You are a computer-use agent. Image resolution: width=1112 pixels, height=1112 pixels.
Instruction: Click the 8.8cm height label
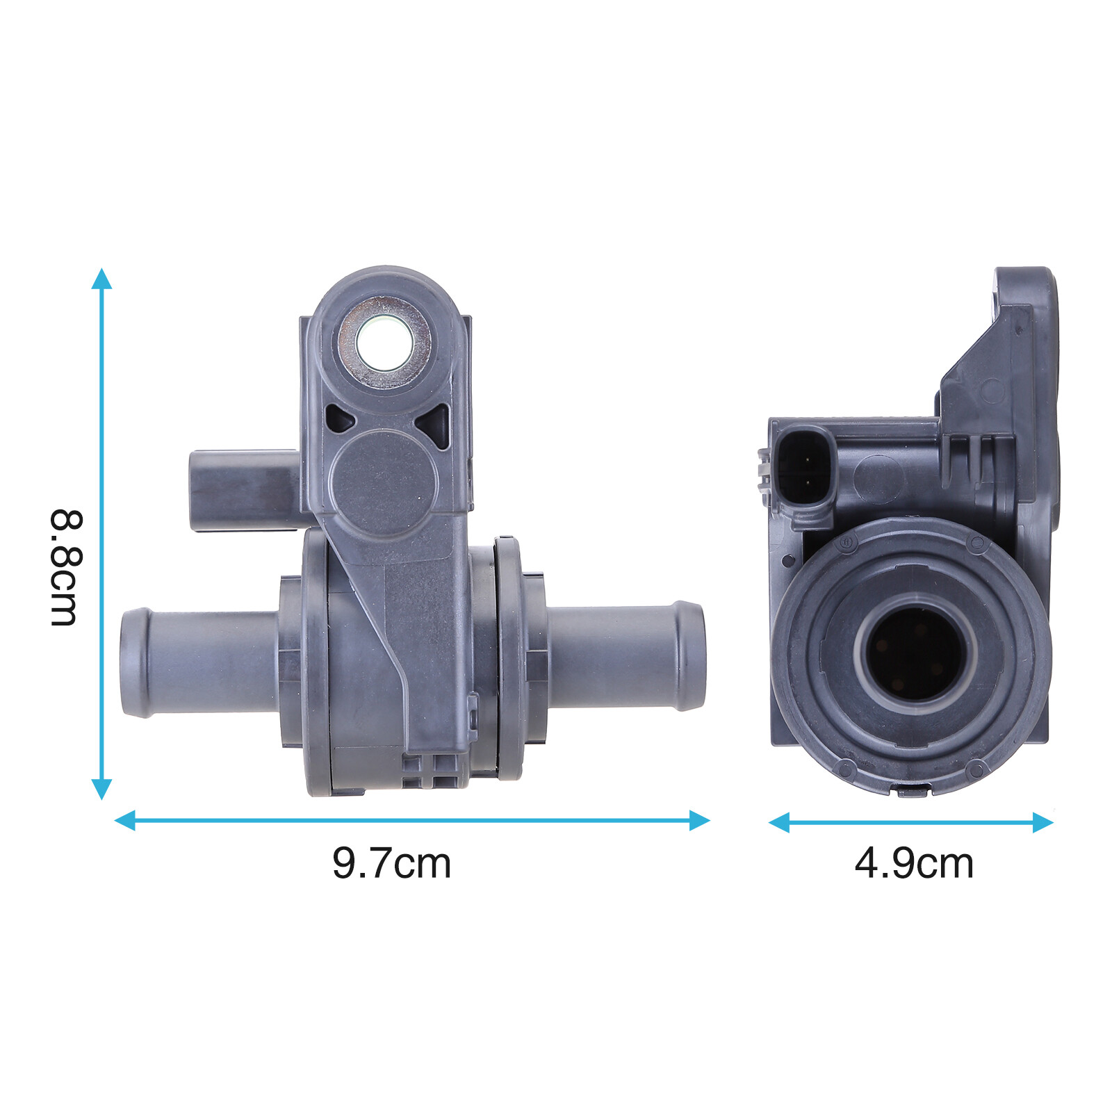(67, 568)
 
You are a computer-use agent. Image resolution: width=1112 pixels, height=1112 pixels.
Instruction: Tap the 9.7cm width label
(391, 863)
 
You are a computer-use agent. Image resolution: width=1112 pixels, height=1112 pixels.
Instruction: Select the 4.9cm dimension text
(913, 863)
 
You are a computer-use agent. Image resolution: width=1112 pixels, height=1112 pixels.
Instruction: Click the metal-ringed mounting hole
(384, 344)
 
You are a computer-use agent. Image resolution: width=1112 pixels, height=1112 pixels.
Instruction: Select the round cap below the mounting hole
(383, 483)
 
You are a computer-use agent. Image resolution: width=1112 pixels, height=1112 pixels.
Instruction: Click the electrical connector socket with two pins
(805, 471)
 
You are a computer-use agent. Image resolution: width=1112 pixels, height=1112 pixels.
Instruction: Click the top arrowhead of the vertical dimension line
(101, 278)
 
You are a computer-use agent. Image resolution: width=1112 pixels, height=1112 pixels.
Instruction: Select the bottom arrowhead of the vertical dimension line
(101, 789)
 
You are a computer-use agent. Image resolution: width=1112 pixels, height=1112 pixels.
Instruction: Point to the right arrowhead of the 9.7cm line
(700, 820)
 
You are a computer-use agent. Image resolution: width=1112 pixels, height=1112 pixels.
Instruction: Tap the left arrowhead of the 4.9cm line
(778, 822)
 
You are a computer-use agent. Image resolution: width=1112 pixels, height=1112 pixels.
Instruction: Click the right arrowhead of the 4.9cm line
(1044, 822)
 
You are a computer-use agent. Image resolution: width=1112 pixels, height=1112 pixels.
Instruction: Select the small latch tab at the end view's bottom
(913, 791)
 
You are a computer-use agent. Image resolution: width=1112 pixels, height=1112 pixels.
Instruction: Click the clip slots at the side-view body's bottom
(431, 770)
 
